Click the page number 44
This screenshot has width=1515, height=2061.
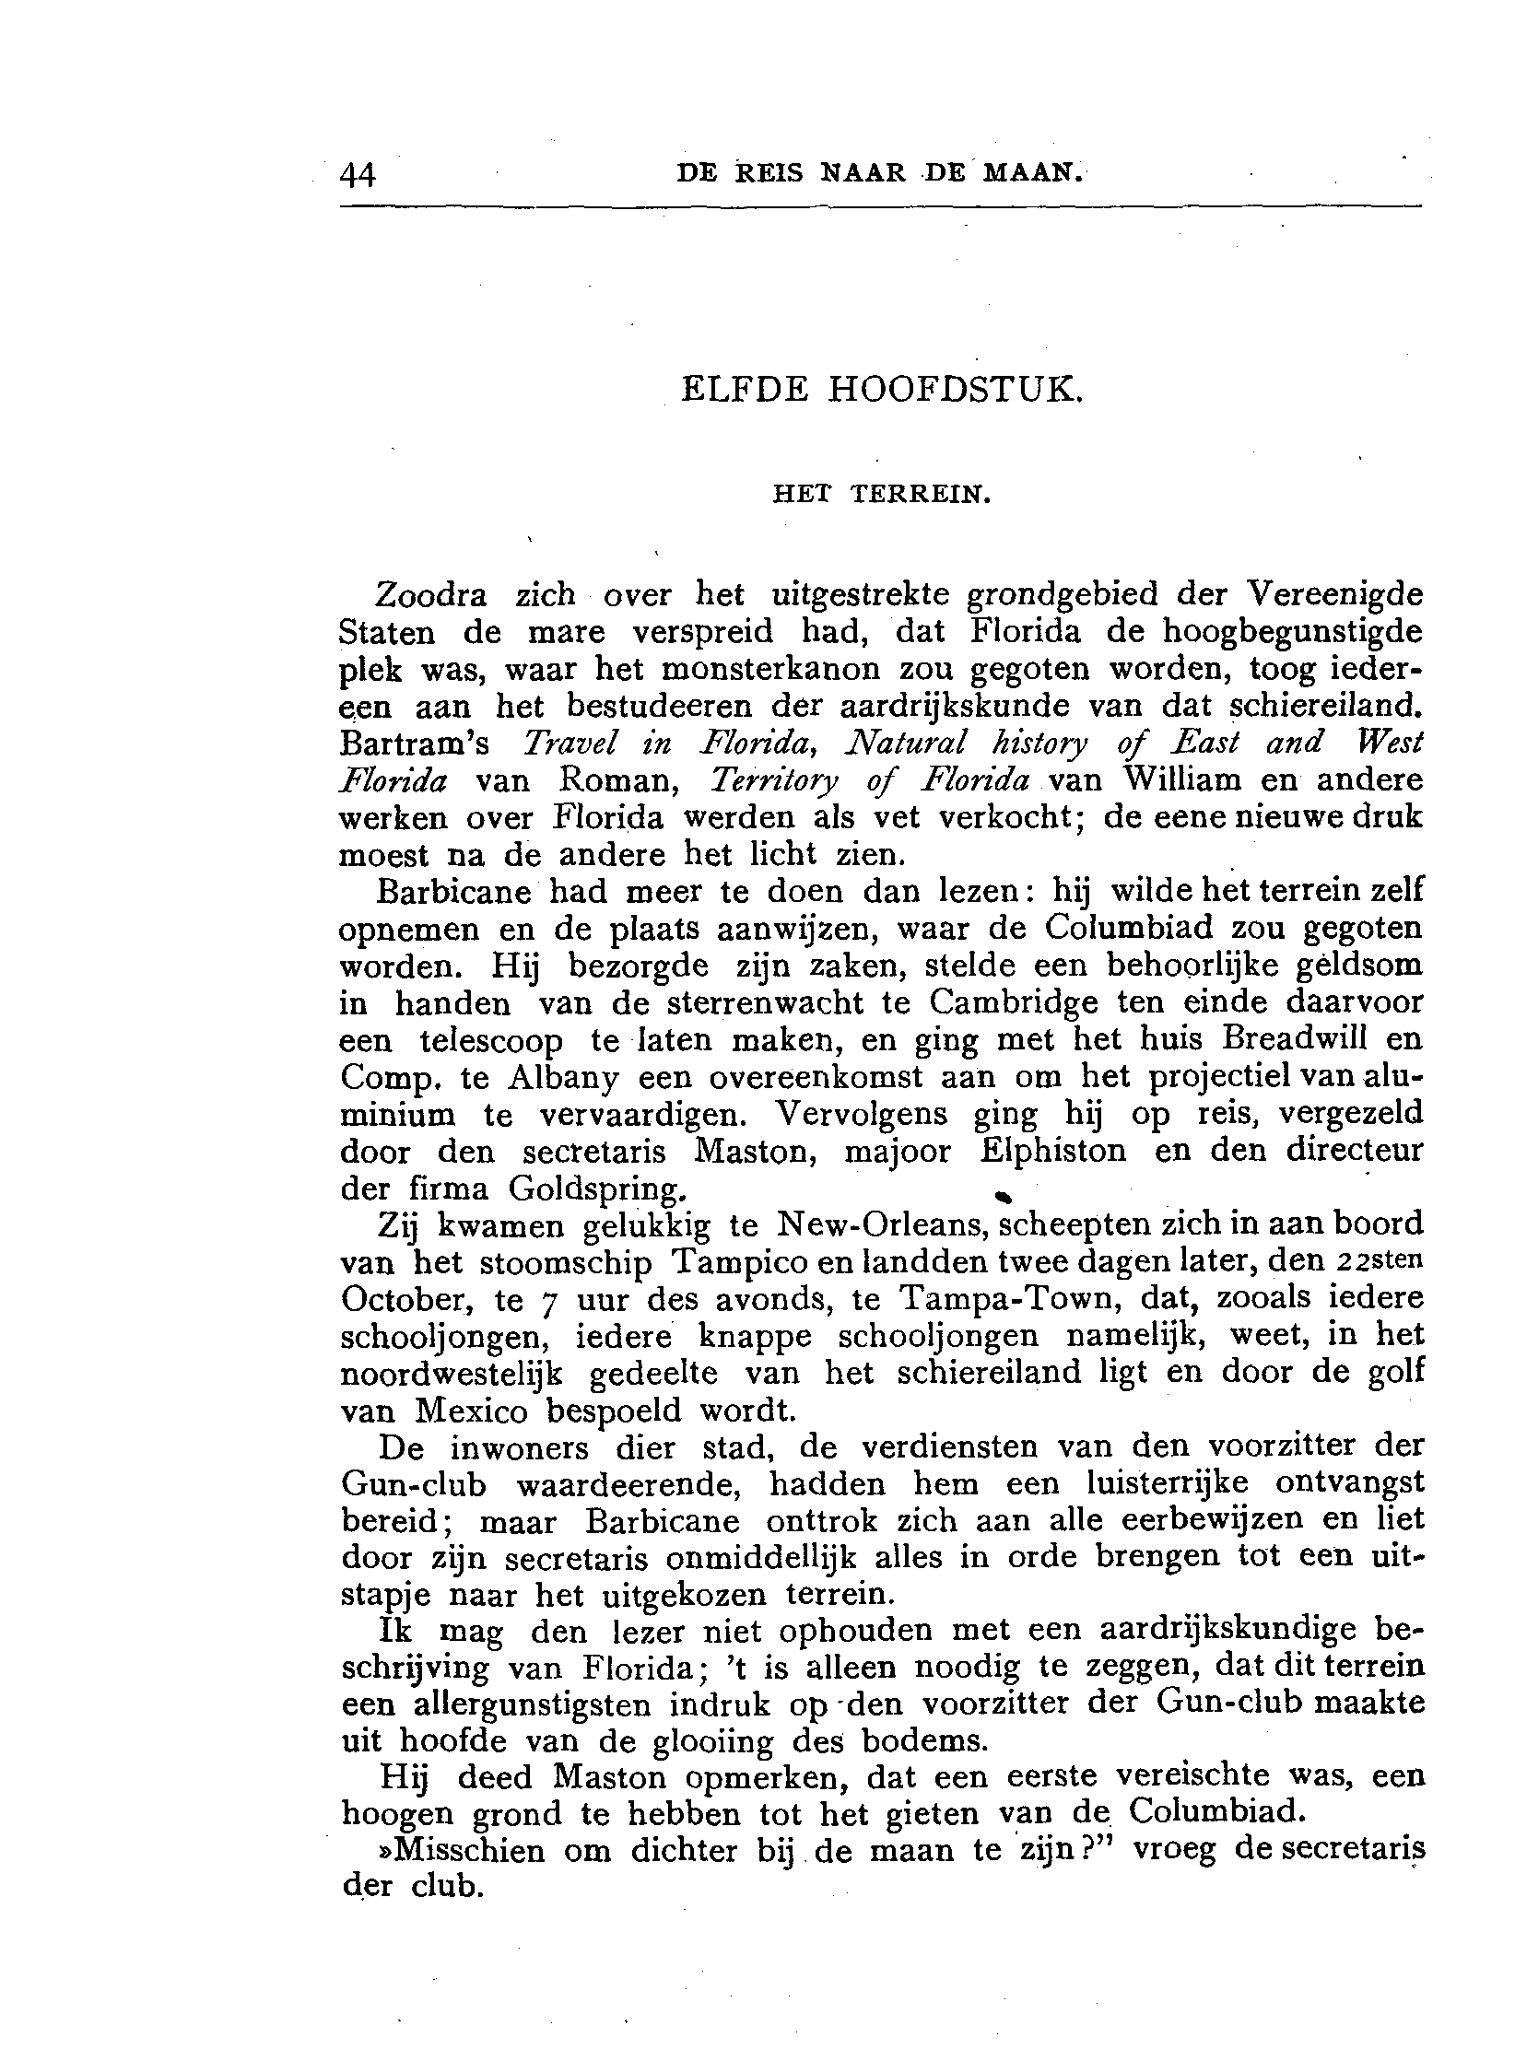click(x=358, y=174)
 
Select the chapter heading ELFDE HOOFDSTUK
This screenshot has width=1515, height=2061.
click(x=879, y=390)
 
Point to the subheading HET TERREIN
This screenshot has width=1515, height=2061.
click(x=880, y=496)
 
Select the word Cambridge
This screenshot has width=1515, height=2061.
click(x=1014, y=1003)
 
